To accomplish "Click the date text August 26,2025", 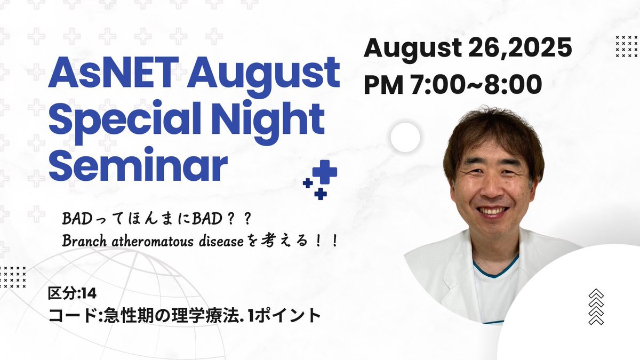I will point(468,49).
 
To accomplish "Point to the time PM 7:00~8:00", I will point(453,84).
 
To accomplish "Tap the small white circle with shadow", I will point(405,138).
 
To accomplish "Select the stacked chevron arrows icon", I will point(596,307).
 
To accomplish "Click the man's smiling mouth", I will point(492,212).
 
